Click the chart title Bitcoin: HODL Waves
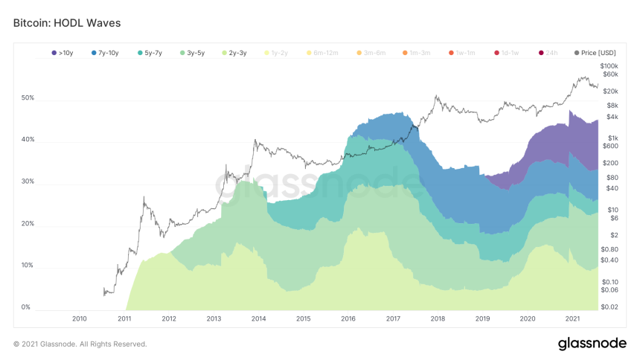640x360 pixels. coord(67,23)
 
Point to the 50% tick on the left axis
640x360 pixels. coord(27,98)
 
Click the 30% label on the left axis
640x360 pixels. coord(27,181)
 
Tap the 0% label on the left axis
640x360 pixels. coord(25,306)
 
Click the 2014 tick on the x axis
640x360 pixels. coord(259,319)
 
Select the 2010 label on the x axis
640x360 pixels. coord(80,319)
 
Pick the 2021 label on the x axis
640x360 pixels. coord(573,319)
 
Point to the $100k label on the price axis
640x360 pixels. coord(609,66)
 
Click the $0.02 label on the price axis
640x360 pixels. coord(609,306)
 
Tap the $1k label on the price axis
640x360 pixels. coord(612,138)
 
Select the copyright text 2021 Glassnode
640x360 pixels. coord(80,344)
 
